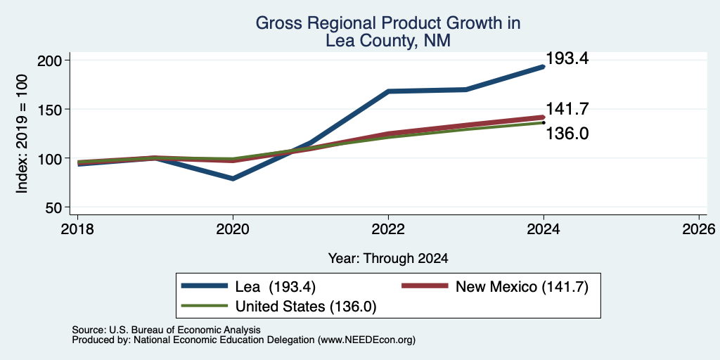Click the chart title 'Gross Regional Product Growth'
[x=388, y=23]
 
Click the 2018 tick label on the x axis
[x=77, y=229]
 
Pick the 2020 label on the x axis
[x=233, y=229]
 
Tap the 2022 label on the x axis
[x=388, y=229]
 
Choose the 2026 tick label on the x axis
[x=699, y=229]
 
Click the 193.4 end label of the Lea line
[x=567, y=58]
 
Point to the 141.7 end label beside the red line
[x=567, y=109]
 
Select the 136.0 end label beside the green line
[x=567, y=134]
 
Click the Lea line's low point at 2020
[x=233, y=179]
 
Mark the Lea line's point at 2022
[x=388, y=91]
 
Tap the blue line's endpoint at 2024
[x=544, y=67]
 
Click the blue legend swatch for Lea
[x=205, y=286]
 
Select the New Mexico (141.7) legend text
[x=522, y=287]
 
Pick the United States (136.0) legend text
[x=306, y=307]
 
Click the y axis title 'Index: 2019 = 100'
[x=22, y=134]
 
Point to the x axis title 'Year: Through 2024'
[x=388, y=259]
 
